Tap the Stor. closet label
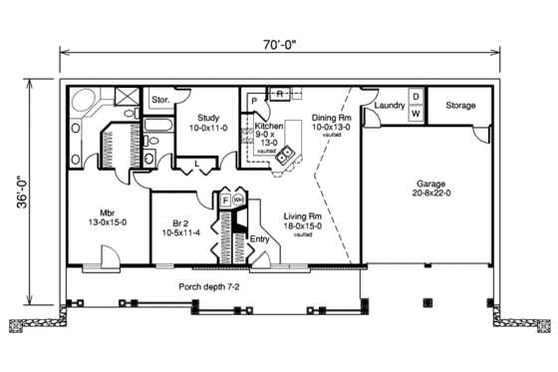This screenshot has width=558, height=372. (x=160, y=100)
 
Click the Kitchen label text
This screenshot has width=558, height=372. (x=269, y=128)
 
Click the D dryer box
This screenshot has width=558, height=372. (x=417, y=96)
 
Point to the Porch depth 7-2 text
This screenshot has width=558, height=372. (x=210, y=286)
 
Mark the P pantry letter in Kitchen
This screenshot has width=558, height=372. (x=255, y=101)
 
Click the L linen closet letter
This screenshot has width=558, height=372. (x=197, y=162)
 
